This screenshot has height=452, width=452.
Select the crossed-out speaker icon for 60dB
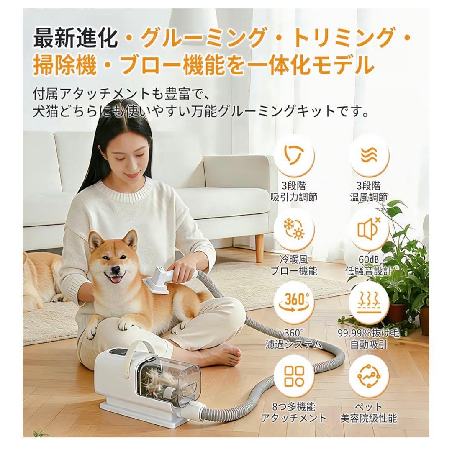(x=369, y=229)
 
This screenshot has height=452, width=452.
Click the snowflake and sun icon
(x=300, y=229)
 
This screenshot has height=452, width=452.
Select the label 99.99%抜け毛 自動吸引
(x=369, y=339)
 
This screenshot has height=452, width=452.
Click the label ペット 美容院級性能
(x=369, y=412)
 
